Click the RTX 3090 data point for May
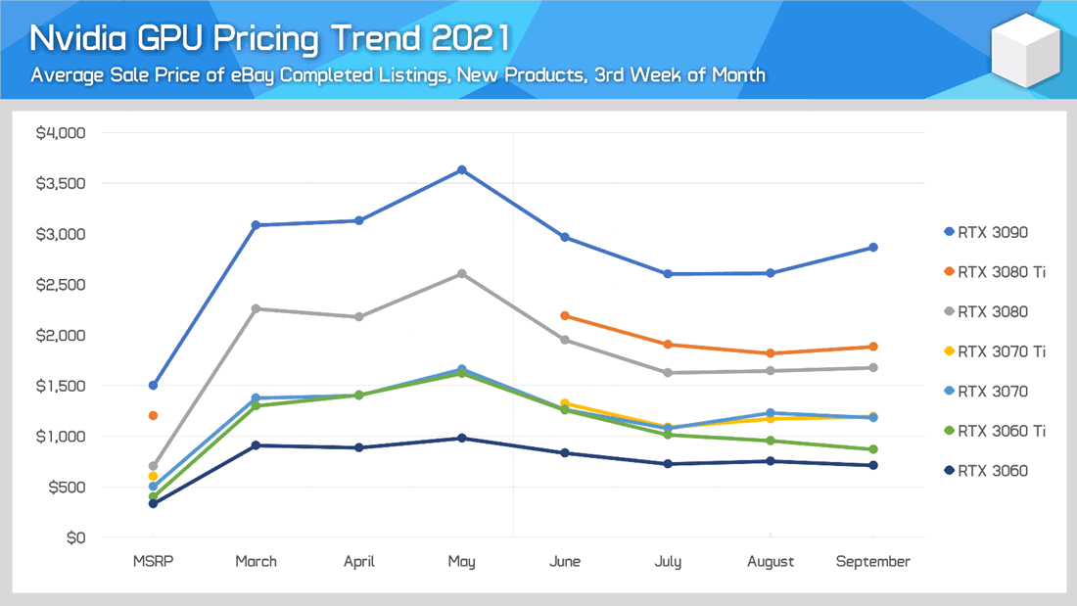coord(462,170)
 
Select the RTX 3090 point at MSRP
coord(153,385)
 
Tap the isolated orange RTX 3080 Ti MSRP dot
coord(153,416)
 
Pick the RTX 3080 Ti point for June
coord(565,316)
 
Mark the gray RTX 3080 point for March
coord(256,308)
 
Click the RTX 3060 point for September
coord(872,465)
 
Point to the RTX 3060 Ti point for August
coord(771,441)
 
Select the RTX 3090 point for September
coord(872,248)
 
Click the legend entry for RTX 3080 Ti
coord(994,272)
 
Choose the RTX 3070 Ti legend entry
coord(994,351)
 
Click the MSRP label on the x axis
coord(153,562)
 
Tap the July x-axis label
coord(668,562)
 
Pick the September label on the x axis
coord(872,562)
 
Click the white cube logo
coord(1025,50)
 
